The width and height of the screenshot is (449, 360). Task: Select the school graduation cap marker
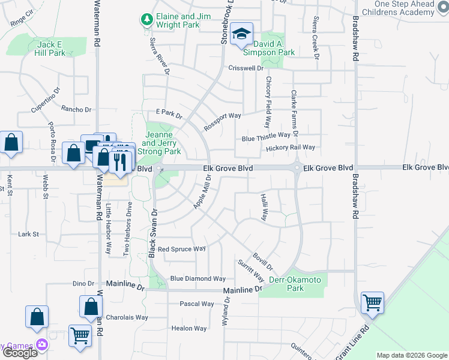[241, 34]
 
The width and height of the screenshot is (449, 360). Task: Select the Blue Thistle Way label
[266, 138]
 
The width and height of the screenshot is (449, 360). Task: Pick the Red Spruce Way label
[181, 249]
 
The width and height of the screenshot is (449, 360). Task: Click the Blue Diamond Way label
[197, 278]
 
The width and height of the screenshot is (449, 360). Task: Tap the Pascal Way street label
[197, 304]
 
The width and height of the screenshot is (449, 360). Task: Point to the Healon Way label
[189, 328]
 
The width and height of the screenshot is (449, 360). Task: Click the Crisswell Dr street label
[246, 68]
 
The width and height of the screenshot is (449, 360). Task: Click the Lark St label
[28, 234]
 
